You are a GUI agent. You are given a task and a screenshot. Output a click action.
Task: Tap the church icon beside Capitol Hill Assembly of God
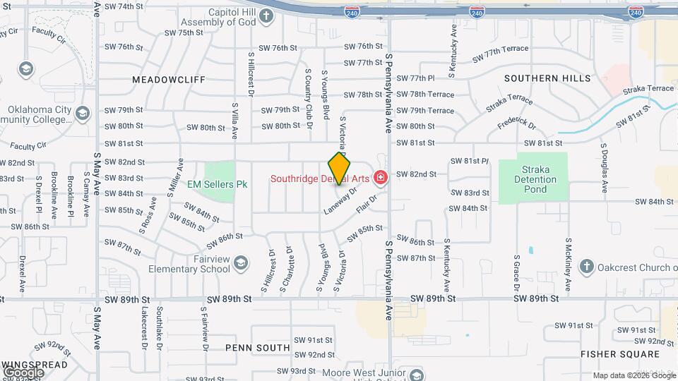[x=266, y=16]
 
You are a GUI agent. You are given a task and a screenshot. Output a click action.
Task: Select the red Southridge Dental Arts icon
[x=381, y=177]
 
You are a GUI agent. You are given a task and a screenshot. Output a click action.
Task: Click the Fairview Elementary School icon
[x=240, y=263]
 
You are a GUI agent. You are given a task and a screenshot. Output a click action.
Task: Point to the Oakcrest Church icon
[x=585, y=266]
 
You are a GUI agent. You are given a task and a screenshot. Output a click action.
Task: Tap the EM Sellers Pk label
[x=218, y=184]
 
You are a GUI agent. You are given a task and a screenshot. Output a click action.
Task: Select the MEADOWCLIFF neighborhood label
[x=169, y=80]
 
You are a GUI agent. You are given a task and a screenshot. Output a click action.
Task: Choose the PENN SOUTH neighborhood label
[x=257, y=348]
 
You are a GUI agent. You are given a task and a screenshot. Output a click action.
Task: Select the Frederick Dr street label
[x=517, y=123]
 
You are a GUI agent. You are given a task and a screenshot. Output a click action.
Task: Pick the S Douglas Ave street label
[x=605, y=169]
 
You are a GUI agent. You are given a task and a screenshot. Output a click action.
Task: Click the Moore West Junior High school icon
[x=416, y=374]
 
